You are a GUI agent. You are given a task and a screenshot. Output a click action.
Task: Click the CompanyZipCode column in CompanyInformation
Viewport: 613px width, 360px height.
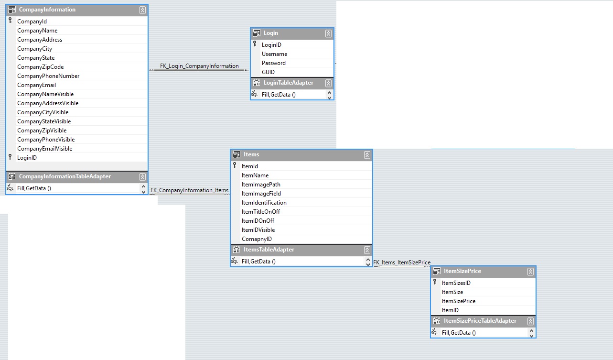pos(40,67)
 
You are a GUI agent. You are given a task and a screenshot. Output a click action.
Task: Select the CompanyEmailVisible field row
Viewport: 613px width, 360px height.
pos(44,149)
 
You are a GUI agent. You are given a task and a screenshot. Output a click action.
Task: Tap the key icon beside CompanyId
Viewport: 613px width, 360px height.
pos(10,21)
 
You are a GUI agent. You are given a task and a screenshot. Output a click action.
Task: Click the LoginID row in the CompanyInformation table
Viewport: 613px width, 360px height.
pos(27,158)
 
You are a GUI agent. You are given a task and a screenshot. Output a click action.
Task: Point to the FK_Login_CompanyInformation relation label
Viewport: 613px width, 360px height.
pos(200,66)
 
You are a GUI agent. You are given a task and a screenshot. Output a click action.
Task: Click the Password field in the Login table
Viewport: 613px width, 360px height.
pos(273,63)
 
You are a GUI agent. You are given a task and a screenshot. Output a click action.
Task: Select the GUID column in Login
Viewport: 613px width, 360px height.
pos(268,72)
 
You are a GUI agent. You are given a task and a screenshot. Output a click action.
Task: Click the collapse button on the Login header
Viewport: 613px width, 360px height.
pos(328,33)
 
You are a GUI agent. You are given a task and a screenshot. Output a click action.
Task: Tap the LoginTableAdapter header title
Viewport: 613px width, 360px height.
pos(288,83)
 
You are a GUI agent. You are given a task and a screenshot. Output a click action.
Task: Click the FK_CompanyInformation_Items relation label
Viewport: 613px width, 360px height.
pos(189,190)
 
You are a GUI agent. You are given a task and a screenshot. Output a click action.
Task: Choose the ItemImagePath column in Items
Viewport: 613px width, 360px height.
pos(261,185)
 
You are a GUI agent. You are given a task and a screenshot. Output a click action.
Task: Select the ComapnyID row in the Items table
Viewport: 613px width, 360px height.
pos(257,239)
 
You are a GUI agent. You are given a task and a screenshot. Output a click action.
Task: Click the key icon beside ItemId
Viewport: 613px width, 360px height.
pos(235,165)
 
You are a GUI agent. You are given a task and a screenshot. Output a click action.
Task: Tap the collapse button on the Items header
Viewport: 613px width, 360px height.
pos(367,155)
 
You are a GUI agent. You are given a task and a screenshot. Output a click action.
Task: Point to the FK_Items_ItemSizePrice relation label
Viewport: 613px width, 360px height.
pos(402,262)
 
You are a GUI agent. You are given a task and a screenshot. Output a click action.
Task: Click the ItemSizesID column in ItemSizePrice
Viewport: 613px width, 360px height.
pos(456,283)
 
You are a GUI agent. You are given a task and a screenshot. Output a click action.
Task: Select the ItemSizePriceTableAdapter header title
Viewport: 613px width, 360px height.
pos(480,321)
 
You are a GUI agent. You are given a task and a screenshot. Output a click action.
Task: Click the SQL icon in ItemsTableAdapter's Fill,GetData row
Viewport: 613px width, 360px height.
pos(235,261)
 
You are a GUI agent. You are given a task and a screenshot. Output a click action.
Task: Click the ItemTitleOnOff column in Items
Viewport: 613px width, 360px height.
pos(260,212)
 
